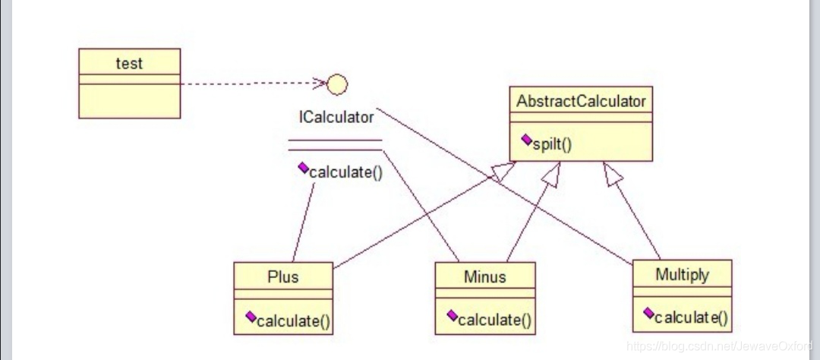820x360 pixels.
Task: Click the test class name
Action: pyautogui.click(x=129, y=64)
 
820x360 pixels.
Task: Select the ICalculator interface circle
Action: pyautogui.click(x=336, y=85)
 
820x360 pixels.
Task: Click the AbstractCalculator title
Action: pyautogui.click(x=581, y=101)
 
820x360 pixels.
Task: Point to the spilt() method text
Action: pyautogui.click(x=552, y=143)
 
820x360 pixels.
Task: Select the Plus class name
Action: pyautogui.click(x=282, y=276)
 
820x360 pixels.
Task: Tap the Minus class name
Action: pyautogui.click(x=484, y=276)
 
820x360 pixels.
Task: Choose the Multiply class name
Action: pyautogui.click(x=682, y=274)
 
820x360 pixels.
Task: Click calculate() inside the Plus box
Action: pyautogui.click(x=293, y=321)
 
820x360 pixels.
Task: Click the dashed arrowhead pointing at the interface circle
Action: pyautogui.click(x=320, y=83)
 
